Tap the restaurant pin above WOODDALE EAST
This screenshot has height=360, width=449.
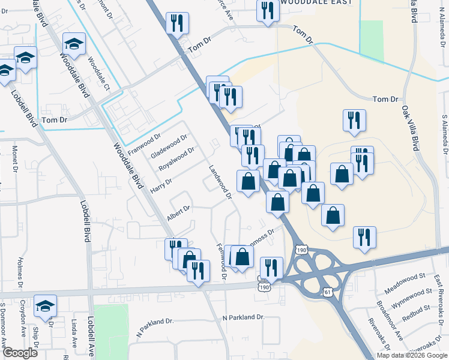pos(267,10)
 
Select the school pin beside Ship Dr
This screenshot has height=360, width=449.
pos(45,305)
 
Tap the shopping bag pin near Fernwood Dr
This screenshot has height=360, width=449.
pos(243,257)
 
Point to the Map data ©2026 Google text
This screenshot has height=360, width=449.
pos(411,355)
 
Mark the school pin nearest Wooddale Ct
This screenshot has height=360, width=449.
pos(74,43)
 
